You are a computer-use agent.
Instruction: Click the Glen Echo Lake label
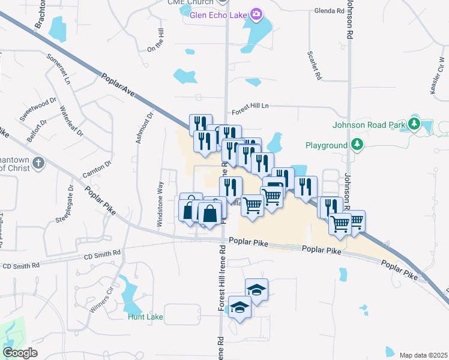pyautogui.click(x=218, y=14)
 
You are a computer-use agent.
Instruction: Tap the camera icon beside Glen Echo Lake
pyautogui.click(x=258, y=14)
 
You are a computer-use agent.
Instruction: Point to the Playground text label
pyautogui.click(x=326, y=145)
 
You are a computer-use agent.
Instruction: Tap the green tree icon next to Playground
pyautogui.click(x=357, y=145)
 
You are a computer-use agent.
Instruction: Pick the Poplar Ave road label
pyautogui.click(x=118, y=86)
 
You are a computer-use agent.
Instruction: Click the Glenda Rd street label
pyautogui.click(x=328, y=11)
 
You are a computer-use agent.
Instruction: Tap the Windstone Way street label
pyautogui.click(x=160, y=205)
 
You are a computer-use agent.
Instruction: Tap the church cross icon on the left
pyautogui.click(x=38, y=163)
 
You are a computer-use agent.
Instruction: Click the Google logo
pyautogui.click(x=20, y=352)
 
